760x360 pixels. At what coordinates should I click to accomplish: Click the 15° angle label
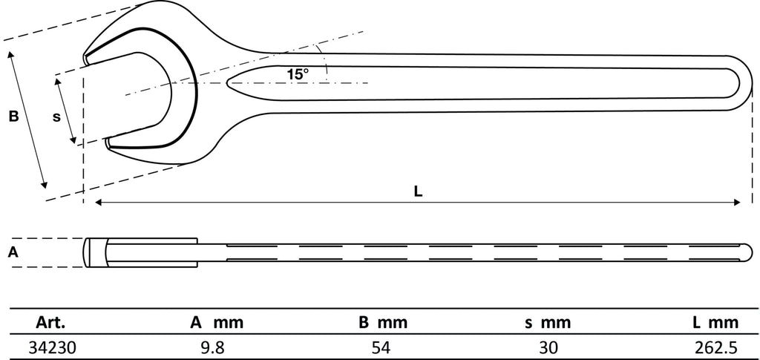[x=297, y=74]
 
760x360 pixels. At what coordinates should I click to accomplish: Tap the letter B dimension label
[x=13, y=117]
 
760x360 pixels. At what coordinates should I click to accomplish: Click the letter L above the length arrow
[x=419, y=192]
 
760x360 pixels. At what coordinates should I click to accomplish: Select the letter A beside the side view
[x=13, y=252]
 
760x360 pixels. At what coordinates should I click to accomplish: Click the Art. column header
[x=50, y=322]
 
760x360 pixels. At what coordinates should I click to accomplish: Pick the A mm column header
[x=216, y=322]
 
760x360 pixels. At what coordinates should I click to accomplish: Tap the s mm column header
[x=548, y=322]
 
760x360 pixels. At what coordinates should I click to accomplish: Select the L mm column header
[x=715, y=322]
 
